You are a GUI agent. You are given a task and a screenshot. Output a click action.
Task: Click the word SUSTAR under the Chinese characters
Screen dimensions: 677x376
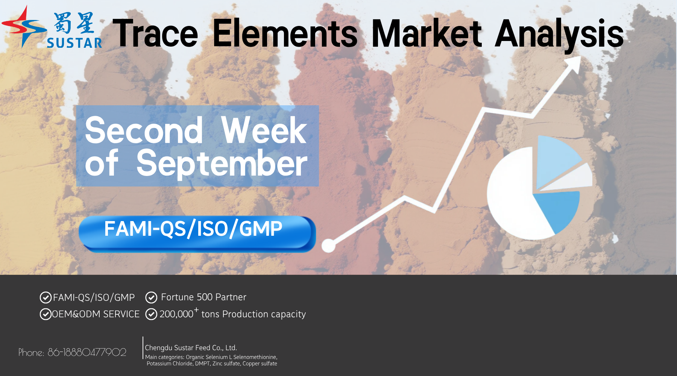point(74,43)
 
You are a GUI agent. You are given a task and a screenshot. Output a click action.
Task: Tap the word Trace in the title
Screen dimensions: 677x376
point(155,34)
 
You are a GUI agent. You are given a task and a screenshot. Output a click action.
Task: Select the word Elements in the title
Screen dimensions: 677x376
point(285,34)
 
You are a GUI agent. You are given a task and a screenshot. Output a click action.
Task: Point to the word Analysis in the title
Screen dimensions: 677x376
point(559,36)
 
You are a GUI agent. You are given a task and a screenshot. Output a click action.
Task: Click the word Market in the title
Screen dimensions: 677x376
point(427,34)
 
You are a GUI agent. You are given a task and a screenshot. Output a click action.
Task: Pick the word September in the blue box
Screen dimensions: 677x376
point(222,163)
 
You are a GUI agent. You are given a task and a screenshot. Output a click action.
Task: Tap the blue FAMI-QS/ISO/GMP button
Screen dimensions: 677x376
point(197,233)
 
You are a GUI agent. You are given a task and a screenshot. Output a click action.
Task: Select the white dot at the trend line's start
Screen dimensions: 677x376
point(328,246)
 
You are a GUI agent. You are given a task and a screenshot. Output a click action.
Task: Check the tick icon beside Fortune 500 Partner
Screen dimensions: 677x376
point(151,297)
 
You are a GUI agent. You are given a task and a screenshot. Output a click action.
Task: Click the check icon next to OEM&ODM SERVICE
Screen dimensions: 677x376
point(46,314)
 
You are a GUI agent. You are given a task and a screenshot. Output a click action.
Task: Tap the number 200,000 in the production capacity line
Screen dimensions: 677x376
point(176,314)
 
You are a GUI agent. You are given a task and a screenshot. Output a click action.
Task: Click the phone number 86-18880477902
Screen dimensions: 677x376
point(87,352)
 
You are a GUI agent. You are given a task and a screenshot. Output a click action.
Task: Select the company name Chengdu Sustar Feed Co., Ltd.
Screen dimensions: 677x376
point(191,348)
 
